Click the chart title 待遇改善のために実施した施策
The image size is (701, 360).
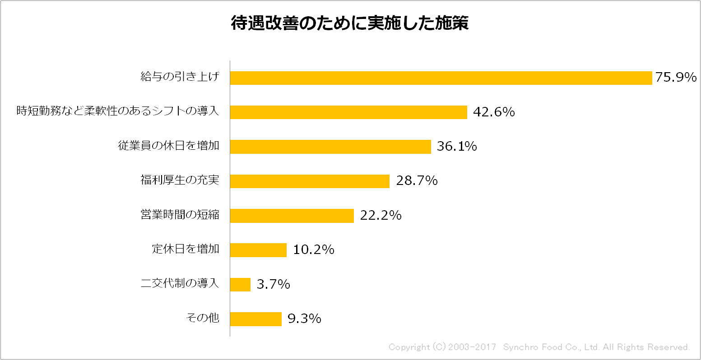349,24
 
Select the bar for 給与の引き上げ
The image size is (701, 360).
441,78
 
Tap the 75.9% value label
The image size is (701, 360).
676,78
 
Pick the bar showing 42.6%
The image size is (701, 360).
348,112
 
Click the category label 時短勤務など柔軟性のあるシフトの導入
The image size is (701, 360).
118,111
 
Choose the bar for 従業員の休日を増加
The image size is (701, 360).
330,147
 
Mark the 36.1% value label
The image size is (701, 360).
457,147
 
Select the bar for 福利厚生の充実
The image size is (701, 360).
309,181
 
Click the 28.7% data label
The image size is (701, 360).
417,181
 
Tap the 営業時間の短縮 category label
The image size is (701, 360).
180,215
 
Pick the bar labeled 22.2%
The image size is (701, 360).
292,216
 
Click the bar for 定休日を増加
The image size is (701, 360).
258,250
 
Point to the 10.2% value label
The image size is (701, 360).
314,250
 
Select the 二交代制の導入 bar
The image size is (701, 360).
240,284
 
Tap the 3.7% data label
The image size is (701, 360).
273,285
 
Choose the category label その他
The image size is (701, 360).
203,318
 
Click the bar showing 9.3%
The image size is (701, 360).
255,319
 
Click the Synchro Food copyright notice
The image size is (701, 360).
539,347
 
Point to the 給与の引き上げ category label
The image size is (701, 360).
180,77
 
